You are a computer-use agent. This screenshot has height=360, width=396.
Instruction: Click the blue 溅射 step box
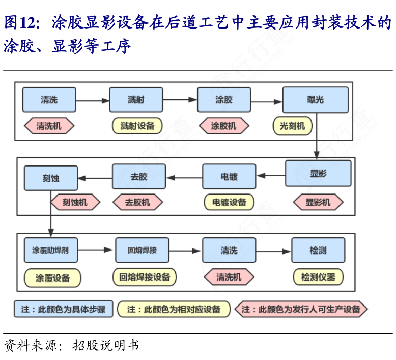(136, 100)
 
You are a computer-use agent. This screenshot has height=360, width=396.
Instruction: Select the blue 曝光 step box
(316, 100)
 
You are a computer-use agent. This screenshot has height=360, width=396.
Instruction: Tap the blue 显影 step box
(318, 174)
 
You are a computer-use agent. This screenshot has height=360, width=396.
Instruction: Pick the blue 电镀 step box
(229, 177)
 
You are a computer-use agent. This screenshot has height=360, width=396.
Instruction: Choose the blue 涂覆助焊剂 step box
(51, 250)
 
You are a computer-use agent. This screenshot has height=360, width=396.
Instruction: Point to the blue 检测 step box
(318, 250)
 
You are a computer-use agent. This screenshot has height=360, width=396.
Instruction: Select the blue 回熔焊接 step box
(142, 250)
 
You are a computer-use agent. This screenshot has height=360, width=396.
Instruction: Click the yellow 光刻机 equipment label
(292, 125)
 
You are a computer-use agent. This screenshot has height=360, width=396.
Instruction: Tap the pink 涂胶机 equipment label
(224, 125)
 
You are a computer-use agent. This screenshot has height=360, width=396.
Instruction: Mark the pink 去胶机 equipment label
(137, 202)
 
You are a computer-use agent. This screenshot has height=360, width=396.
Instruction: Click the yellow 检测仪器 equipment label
(318, 277)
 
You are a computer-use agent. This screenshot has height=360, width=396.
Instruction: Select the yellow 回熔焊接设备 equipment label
(145, 277)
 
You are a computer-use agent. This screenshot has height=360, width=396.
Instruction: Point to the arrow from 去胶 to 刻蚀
(95, 178)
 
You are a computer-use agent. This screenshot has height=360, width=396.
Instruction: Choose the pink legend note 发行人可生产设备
(301, 309)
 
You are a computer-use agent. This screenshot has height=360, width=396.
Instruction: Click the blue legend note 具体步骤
(63, 309)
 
